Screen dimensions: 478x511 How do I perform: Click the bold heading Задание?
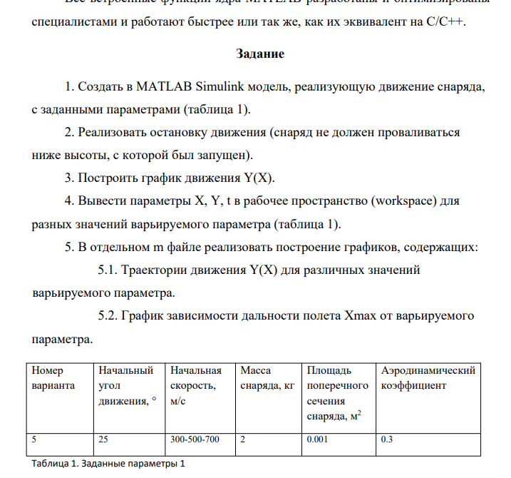(x=259, y=54)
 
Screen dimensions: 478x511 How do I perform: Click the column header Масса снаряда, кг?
(x=267, y=378)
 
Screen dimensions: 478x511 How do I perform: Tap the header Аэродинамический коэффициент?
(x=428, y=378)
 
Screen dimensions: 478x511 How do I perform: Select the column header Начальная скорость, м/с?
(x=196, y=385)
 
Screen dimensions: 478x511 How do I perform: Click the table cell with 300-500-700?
(x=195, y=439)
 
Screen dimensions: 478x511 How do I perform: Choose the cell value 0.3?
(x=387, y=439)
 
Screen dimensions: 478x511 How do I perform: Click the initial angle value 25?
(x=103, y=439)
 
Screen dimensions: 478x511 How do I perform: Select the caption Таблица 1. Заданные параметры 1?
(x=108, y=464)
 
